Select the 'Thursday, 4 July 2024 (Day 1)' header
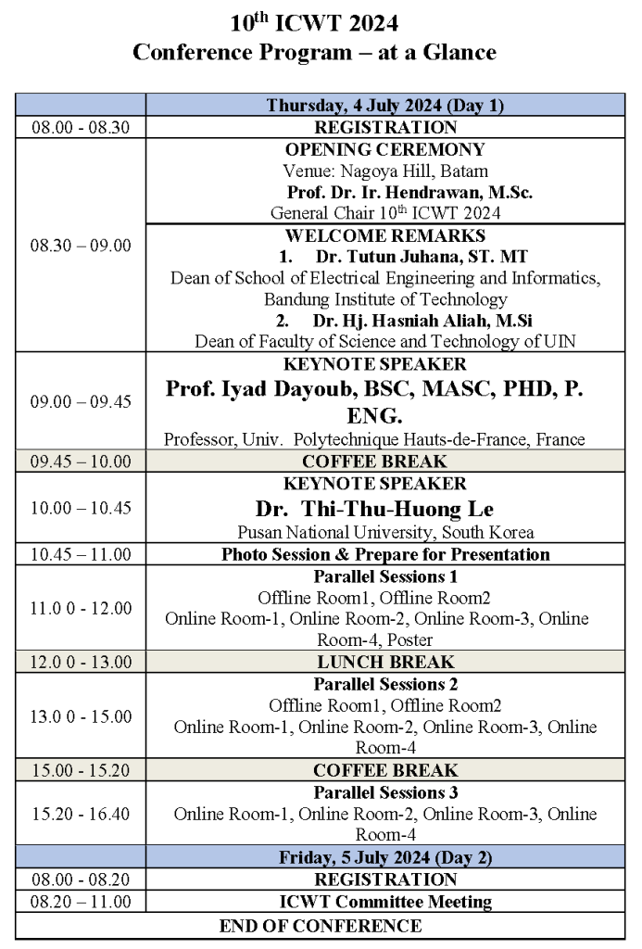pos(385,106)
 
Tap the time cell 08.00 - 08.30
pos(82,128)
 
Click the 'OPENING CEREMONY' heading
pos(385,150)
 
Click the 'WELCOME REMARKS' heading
pos(385,235)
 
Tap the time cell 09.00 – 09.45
pos(82,401)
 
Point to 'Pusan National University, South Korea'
pos(385,533)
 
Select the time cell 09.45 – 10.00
pos(82,462)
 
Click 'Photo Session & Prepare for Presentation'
pos(385,554)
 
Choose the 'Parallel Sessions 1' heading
pos(385,576)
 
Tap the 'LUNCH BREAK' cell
pos(385,662)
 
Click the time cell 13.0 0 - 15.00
pos(82,716)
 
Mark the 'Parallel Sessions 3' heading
pos(385,792)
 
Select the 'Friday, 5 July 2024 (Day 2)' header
pos(385,857)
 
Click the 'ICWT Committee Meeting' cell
pos(385,902)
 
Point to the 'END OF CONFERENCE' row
pos(321,925)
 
